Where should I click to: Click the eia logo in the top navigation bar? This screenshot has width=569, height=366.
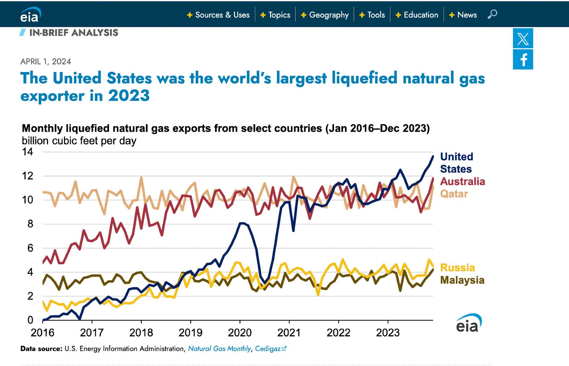(30, 15)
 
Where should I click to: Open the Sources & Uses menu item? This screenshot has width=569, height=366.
(218, 15)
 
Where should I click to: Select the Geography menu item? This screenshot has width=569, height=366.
(325, 15)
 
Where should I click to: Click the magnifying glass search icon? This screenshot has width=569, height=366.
(492, 14)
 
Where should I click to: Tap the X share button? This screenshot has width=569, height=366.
(523, 38)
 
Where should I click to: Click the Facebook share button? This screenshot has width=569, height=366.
(523, 59)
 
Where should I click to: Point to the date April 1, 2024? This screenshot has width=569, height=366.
(46, 62)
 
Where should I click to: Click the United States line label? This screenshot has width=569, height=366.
(456, 163)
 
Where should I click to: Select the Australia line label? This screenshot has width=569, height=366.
(462, 181)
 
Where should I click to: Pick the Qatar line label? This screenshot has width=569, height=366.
(454, 194)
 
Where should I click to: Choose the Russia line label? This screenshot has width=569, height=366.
(457, 268)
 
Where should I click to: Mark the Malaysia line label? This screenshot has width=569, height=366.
(462, 280)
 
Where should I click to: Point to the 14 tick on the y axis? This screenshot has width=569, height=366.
(27, 152)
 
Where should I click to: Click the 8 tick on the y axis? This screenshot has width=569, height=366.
(30, 224)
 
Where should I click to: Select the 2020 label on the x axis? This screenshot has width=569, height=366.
(240, 332)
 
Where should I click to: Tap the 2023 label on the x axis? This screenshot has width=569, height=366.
(388, 332)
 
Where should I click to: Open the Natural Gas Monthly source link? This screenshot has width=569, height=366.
(219, 349)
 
